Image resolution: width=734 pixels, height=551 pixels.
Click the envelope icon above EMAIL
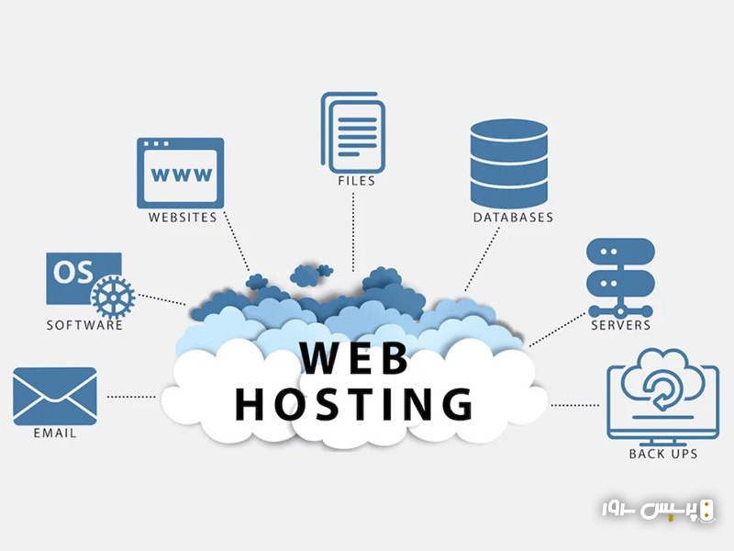point(55,396)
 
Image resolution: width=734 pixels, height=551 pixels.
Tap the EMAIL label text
point(55,433)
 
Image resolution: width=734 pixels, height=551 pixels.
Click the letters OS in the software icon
point(70,272)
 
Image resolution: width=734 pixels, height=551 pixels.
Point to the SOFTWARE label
point(84,325)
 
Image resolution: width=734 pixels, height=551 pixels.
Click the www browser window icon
point(181,173)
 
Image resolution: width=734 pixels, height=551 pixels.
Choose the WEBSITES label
point(183,218)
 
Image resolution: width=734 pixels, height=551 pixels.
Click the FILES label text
point(356,181)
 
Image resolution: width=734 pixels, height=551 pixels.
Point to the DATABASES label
point(513,218)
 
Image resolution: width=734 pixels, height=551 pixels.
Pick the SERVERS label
point(620,325)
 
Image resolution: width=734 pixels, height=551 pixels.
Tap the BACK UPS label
point(663,454)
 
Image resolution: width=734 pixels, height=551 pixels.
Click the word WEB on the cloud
point(355,358)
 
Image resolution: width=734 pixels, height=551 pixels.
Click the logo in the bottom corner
point(658,510)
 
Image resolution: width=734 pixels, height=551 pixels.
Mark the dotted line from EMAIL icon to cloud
point(130,397)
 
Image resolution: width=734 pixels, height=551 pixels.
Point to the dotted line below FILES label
point(355,230)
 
